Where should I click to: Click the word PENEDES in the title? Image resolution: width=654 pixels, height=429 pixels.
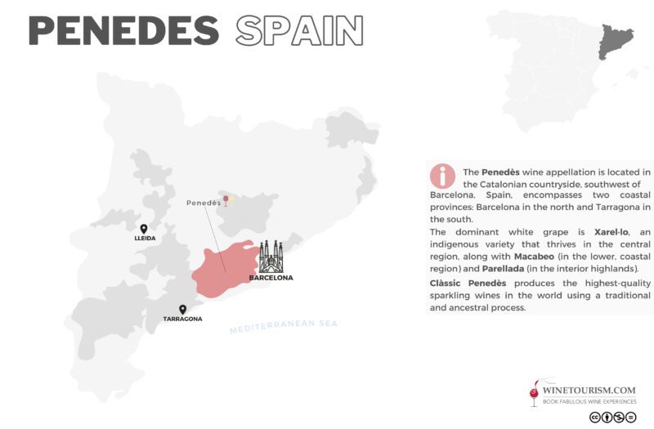(x=123, y=31)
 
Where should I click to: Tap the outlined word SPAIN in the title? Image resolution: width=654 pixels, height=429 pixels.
(x=299, y=31)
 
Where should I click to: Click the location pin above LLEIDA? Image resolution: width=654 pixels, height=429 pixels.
(x=144, y=229)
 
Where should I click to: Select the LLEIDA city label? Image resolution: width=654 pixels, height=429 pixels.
(x=145, y=239)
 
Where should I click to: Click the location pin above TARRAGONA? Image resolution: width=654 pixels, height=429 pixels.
(x=182, y=310)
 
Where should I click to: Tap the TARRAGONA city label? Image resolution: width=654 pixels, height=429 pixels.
(x=182, y=319)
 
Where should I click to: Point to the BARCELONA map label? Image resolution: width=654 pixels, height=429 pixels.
(x=271, y=278)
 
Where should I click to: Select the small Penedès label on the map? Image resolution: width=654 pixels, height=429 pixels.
(x=204, y=203)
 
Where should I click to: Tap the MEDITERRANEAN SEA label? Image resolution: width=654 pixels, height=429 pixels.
(x=284, y=326)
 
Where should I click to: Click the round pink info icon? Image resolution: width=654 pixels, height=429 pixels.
(x=442, y=176)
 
